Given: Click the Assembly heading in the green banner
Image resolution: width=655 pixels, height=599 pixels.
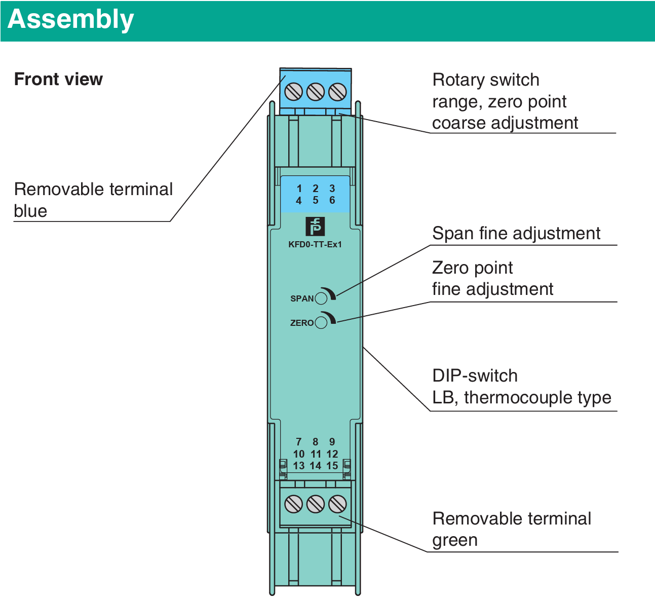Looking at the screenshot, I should pyautogui.click(x=71, y=19).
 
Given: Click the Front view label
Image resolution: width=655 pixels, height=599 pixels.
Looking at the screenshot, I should pyautogui.click(x=58, y=80).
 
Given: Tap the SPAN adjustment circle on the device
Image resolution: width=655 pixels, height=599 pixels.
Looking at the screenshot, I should pyautogui.click(x=321, y=298).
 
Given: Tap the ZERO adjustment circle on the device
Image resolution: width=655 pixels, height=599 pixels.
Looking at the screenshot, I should pyautogui.click(x=321, y=322).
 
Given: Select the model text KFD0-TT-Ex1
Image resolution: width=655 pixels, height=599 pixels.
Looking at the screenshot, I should pyautogui.click(x=315, y=244).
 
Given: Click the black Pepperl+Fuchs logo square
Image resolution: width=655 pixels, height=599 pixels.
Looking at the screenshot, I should pyautogui.click(x=315, y=227).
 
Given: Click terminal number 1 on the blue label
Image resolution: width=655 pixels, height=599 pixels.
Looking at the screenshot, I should pyautogui.click(x=299, y=189).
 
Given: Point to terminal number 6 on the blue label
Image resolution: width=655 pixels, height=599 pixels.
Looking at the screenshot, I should pyautogui.click(x=332, y=200).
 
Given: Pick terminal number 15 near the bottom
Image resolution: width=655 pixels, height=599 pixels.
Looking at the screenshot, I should pyautogui.click(x=332, y=466).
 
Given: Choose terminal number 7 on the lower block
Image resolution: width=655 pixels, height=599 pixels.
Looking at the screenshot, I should pyautogui.click(x=299, y=442).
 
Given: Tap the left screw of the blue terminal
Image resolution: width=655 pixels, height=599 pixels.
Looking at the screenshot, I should pyautogui.click(x=294, y=92).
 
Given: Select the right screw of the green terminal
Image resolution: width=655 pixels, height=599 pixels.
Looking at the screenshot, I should pyautogui.click(x=337, y=504).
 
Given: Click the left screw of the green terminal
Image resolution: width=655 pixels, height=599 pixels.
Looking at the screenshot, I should pyautogui.click(x=294, y=504).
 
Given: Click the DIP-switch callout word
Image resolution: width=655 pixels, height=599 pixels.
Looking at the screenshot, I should pyautogui.click(x=475, y=376).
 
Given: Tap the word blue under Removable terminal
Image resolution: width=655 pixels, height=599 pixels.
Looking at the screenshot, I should pyautogui.click(x=30, y=211).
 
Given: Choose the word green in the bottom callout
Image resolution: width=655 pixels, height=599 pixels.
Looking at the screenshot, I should pyautogui.click(x=454, y=540).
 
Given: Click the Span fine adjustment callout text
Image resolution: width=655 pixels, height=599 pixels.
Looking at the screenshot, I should pyautogui.click(x=516, y=234).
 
